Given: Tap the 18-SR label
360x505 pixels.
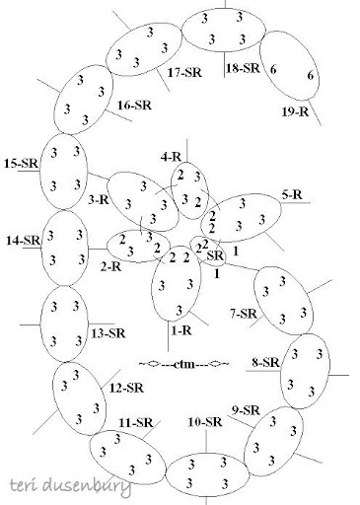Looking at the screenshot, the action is tap(242, 69).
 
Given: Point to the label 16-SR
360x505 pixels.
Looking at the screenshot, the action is tap(134, 104).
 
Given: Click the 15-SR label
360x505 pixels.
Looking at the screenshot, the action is tap(21, 161).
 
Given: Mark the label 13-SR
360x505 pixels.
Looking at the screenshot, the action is tap(108, 333).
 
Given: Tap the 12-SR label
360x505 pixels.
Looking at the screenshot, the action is tap(129, 387).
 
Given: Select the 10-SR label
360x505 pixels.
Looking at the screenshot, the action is tap(203, 422).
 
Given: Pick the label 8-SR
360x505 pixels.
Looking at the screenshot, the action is tap(266, 363).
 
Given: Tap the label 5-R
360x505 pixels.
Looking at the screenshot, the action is tap(291, 194).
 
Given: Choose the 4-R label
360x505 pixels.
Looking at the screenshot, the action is tap(172, 155).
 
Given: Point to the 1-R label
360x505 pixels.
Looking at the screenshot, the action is tap(181, 331).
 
